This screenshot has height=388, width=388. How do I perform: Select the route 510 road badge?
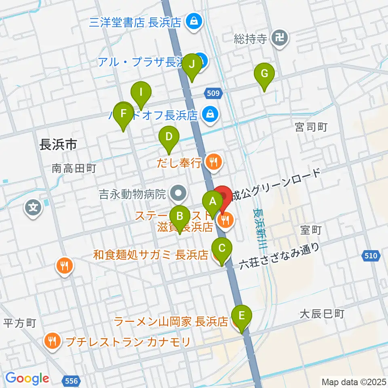coord(373,255)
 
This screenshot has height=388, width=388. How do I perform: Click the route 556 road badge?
coord(72,380)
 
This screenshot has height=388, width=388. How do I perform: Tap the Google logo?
coord(27,378)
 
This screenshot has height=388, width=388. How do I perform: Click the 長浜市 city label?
coord(58,144)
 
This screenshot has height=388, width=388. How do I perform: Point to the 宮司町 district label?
coord(311,128)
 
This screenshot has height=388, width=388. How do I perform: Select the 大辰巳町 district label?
coord(322,314)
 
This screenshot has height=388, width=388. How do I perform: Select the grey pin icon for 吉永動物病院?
coord(178,194)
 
